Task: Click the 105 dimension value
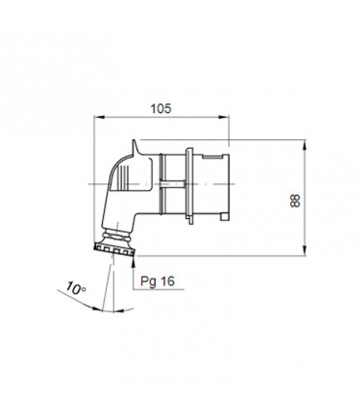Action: pos(161,109)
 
